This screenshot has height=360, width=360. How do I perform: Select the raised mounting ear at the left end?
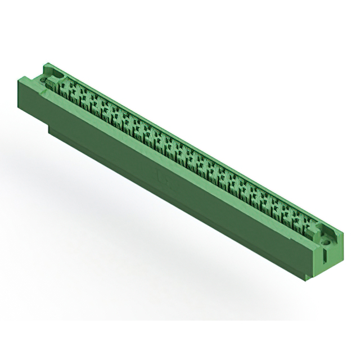pyautogui.click(x=53, y=72)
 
